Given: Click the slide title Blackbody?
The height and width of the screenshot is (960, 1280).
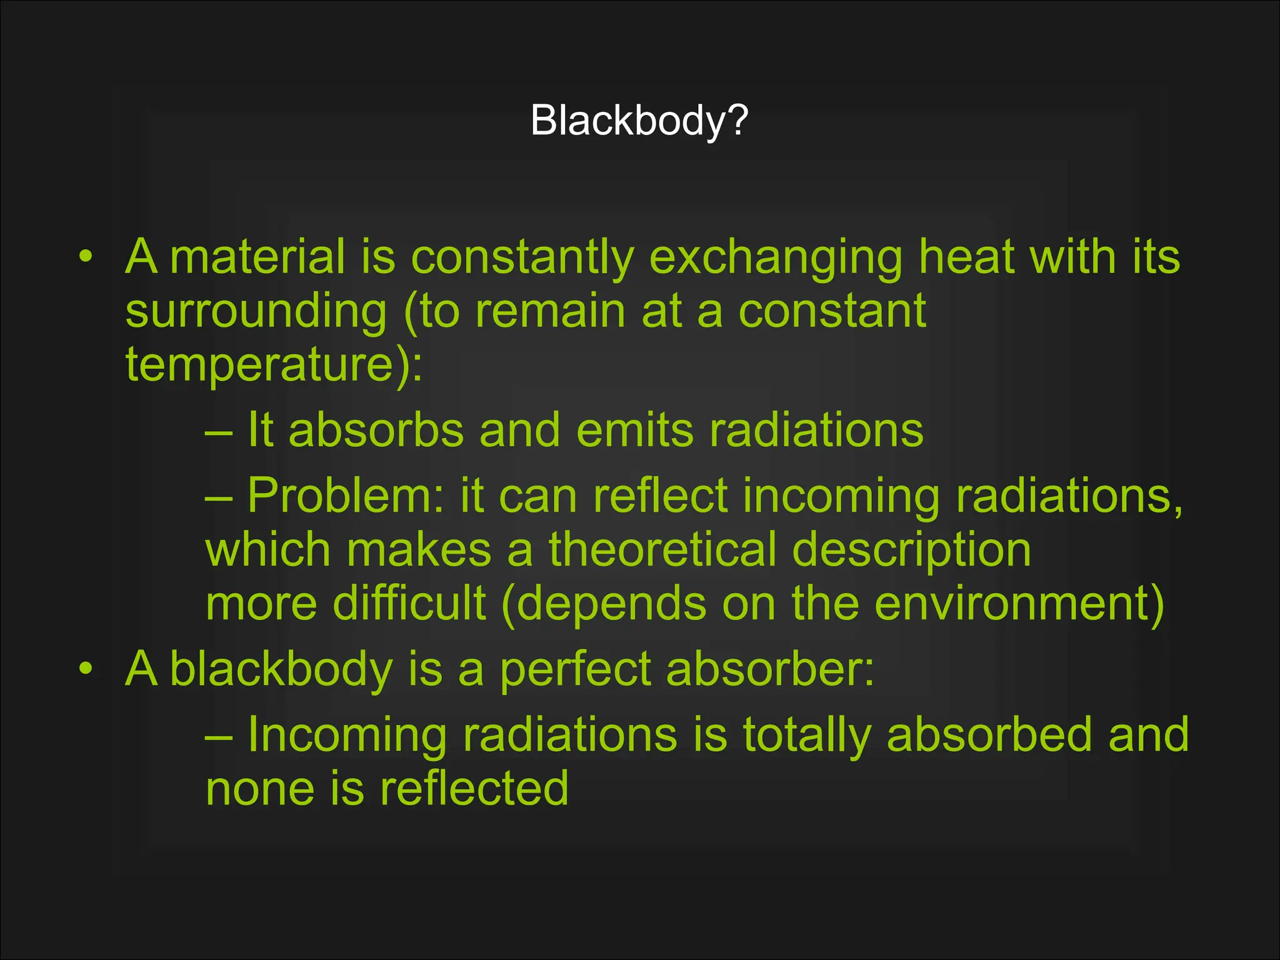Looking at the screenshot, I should [639, 120].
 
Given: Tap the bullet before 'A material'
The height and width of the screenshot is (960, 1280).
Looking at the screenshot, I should [86, 256].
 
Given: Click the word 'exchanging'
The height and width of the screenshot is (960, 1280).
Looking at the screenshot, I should [776, 257].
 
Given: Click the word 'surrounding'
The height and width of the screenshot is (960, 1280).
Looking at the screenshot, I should [256, 311].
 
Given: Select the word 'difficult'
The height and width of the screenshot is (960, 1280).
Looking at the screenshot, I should [409, 604].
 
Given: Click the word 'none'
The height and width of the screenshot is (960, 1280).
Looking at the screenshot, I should [260, 789].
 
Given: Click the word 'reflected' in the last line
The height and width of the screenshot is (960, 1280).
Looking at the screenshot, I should [474, 788].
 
